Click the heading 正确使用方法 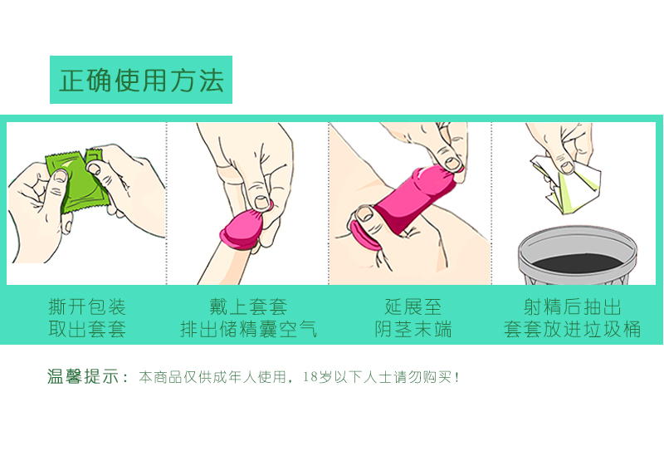point(141,80)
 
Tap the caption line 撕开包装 point(87,306)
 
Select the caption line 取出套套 point(87,329)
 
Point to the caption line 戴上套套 point(248,306)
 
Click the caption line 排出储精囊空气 point(248,329)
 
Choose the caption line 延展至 point(413,306)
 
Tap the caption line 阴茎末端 point(413,329)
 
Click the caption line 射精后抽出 point(572,306)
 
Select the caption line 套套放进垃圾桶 point(572,329)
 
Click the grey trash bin point(578,255)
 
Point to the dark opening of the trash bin point(578,262)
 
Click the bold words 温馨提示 point(83,376)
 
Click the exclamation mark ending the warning point(456,377)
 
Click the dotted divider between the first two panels point(167,203)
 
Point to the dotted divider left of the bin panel point(491,203)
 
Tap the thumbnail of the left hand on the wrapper point(60,175)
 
